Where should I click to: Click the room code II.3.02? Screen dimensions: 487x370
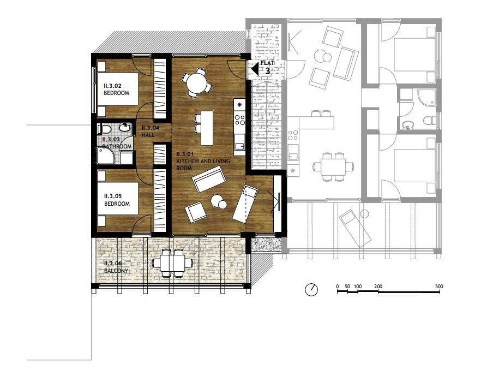[x=112, y=86]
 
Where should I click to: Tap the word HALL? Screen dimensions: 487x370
[x=148, y=135]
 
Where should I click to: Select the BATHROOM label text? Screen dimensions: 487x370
[x=117, y=146]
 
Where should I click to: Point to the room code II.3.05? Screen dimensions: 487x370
[x=113, y=196]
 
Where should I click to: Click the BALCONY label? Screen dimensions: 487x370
[x=116, y=271]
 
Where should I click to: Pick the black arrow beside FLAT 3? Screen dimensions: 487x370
[x=255, y=69]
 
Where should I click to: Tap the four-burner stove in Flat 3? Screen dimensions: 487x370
[x=240, y=120]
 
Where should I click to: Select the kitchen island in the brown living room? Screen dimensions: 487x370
[x=207, y=128]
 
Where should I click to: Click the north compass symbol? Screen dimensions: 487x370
[x=311, y=290]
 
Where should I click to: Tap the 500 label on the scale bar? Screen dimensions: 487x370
[x=439, y=287]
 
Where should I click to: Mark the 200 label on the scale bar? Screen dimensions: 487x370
[x=378, y=287]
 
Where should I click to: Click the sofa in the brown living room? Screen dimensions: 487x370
[x=209, y=180]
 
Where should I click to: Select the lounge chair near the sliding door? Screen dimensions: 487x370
[x=245, y=204]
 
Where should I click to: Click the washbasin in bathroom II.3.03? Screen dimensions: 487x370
[x=125, y=127]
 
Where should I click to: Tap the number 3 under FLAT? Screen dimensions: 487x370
[x=268, y=70]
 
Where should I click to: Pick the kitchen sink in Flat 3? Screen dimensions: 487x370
[x=239, y=145]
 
